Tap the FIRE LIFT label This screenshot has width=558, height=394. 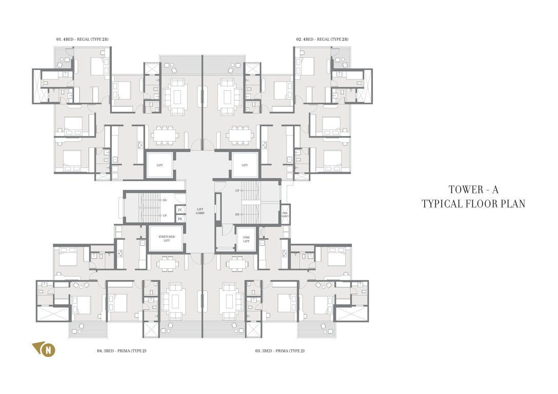tap(246, 239)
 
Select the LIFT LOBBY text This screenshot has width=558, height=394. tap(200, 211)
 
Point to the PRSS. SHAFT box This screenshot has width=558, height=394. tap(285, 214)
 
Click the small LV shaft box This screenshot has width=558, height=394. tap(180, 210)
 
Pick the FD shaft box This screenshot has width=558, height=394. tap(180, 219)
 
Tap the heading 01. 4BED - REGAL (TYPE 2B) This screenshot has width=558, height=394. tap(83, 40)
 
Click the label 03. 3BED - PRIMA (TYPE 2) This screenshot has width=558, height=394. tap(280, 351)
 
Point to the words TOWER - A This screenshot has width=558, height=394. tap(473, 190)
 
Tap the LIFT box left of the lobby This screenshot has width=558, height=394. tap(160, 165)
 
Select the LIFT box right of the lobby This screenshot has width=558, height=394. tap(245, 165)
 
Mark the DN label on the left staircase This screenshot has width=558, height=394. tap(164, 200)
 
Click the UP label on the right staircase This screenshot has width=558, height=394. tap(237, 191)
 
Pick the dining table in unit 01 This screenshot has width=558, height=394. tap(165, 135)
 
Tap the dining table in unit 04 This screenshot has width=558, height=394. tap(167, 264)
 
